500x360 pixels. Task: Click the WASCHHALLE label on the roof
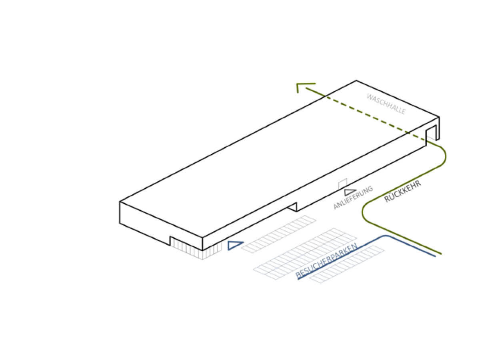pos(386,104)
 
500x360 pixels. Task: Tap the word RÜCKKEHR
pos(403,191)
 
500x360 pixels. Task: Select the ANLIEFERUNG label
pos(353,198)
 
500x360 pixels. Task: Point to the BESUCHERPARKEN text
pos(326,261)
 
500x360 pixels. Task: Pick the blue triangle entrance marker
pos(234,245)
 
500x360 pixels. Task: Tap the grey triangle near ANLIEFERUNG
pos(350,192)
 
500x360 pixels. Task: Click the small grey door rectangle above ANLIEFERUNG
pos(343,184)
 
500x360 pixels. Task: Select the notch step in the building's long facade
pos(292,207)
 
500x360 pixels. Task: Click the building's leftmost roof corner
pos(120,202)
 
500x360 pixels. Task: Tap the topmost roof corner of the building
pos(356,80)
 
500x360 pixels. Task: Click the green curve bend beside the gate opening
pos(445,156)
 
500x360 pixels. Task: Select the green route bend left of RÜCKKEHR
pos(363,213)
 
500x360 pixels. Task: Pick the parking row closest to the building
pos(278,234)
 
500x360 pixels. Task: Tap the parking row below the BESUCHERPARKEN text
pos(347,264)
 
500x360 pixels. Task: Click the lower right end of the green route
pos(441,254)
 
